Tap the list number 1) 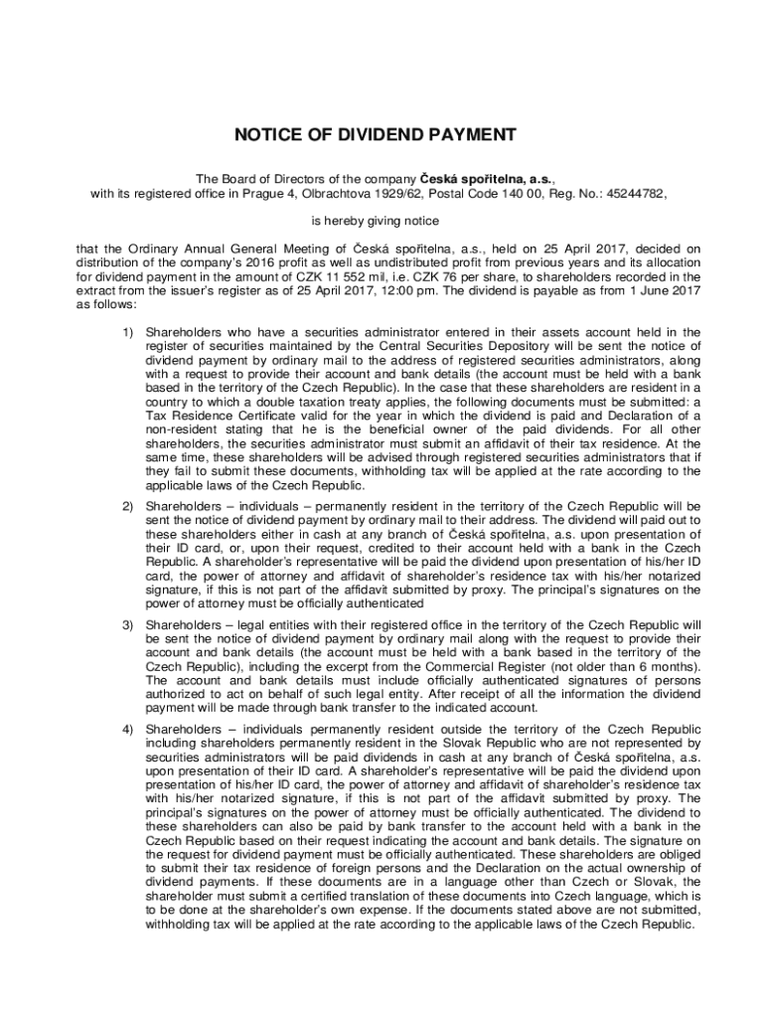click(128, 331)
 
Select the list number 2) click(128, 507)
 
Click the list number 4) click(128, 729)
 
